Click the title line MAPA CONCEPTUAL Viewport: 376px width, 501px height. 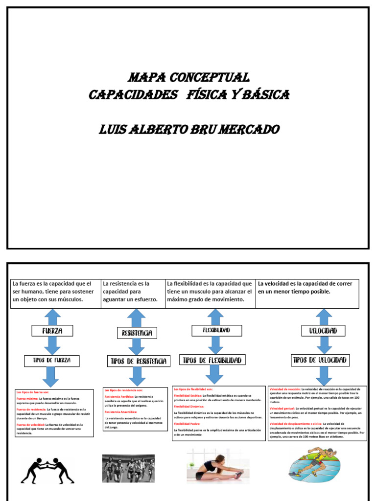(x=188, y=77)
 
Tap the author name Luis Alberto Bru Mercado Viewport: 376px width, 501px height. (x=189, y=130)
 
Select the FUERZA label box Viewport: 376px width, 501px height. (x=53, y=331)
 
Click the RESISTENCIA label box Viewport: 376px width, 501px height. (x=137, y=333)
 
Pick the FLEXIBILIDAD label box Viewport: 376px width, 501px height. (x=216, y=331)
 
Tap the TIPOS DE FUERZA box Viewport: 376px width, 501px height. (x=52, y=361)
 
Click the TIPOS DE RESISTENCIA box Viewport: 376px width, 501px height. (x=139, y=362)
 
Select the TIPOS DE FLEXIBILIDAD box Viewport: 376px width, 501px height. (x=212, y=360)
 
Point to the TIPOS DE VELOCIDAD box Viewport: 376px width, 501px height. (x=320, y=360)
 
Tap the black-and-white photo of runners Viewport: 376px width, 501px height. (x=128, y=468)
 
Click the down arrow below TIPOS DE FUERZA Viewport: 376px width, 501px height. (x=51, y=377)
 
